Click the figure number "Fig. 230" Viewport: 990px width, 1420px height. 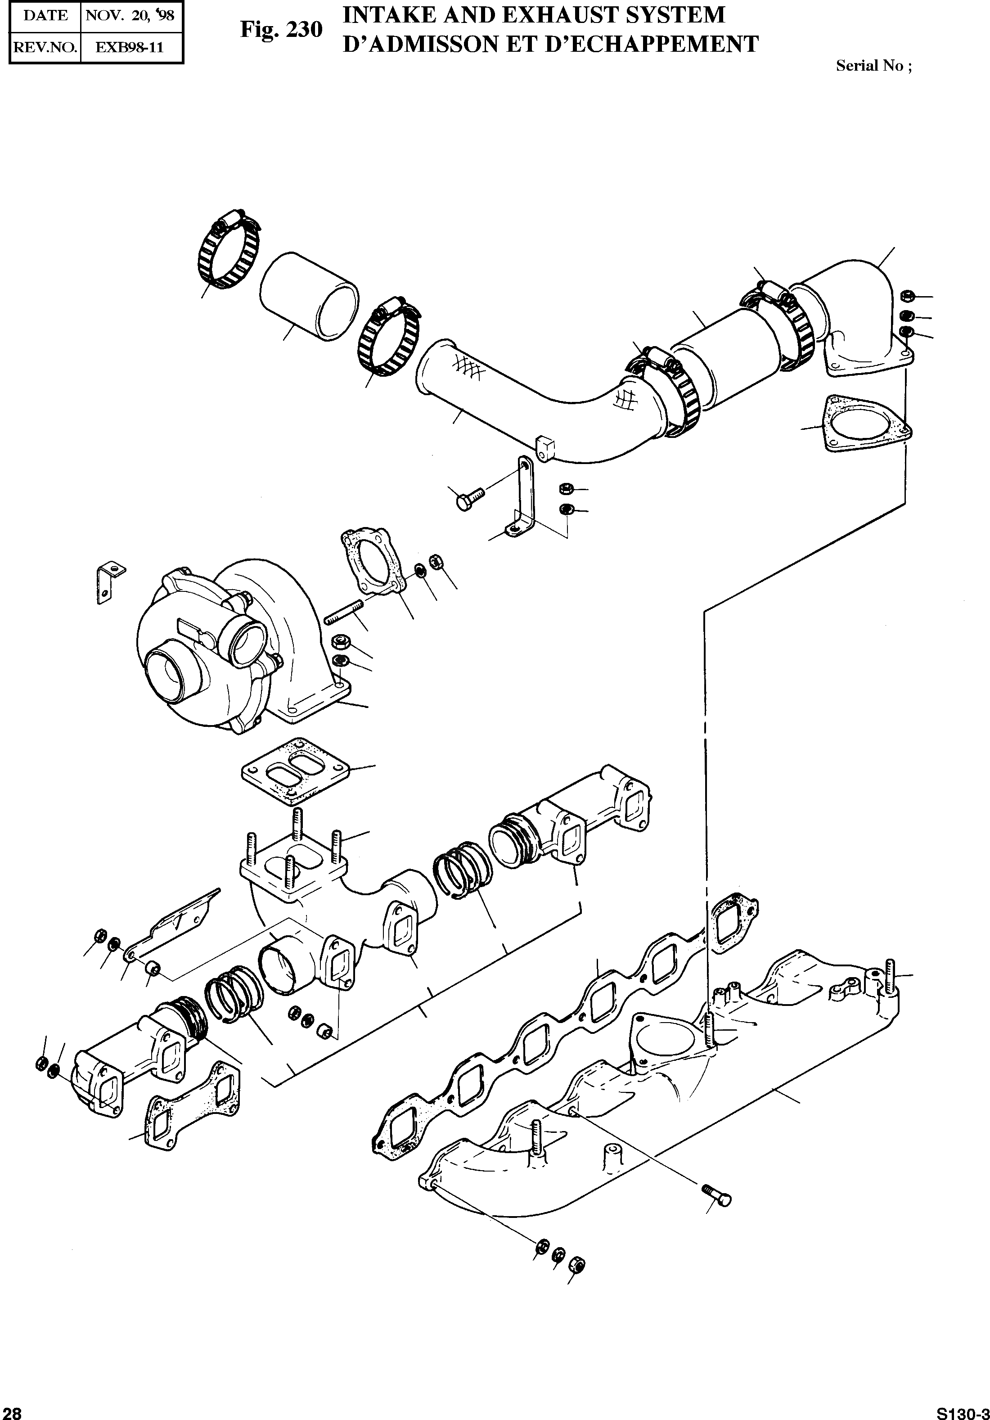coord(281,30)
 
